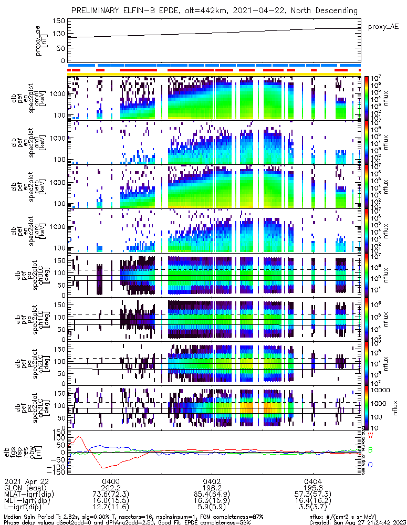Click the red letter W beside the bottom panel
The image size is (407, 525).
tap(371, 436)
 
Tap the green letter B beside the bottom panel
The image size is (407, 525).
tap(371, 450)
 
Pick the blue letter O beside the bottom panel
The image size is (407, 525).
tap(371, 465)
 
